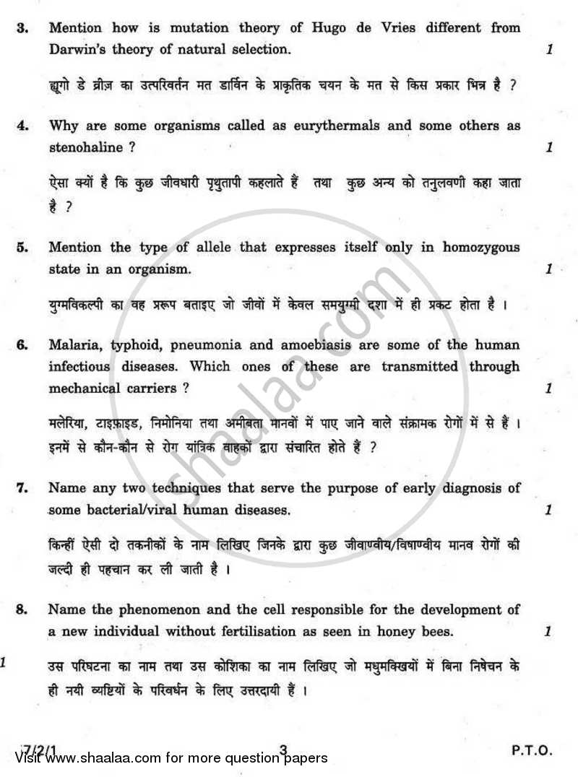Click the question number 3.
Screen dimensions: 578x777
(x=23, y=29)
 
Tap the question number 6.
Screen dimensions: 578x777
(x=23, y=345)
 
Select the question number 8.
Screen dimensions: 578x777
(x=23, y=610)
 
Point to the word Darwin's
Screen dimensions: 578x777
(x=80, y=51)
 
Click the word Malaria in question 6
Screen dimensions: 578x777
(x=75, y=345)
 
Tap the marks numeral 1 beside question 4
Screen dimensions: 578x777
(x=549, y=147)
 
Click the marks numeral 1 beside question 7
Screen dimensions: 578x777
(x=549, y=511)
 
